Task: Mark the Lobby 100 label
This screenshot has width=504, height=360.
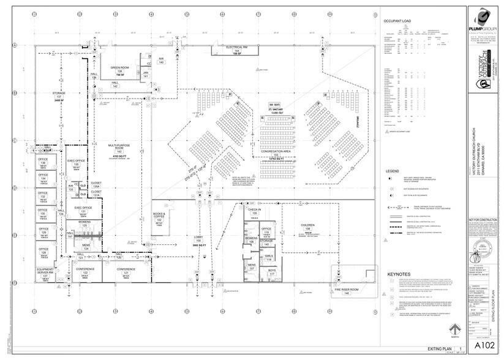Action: click(198, 239)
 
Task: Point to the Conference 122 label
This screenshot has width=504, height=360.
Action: click(85, 271)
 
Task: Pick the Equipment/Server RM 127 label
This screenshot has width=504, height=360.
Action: click(43, 274)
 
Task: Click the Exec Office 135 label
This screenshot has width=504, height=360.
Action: click(76, 163)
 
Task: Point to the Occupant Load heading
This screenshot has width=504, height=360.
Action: click(396, 21)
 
